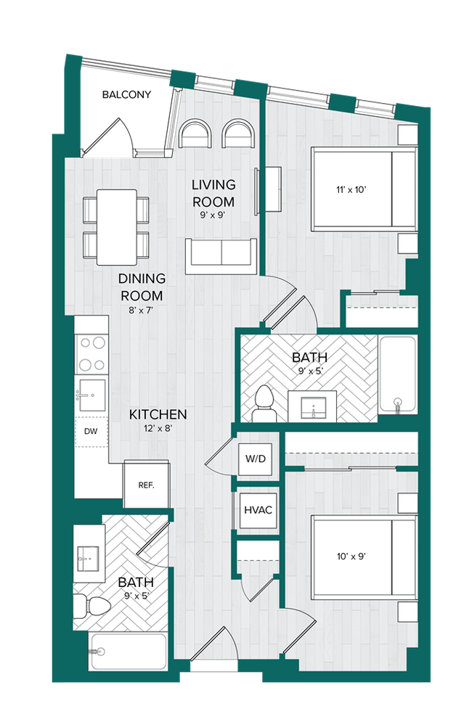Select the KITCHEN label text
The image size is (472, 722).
click(158, 415)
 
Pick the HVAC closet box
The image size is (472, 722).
click(257, 509)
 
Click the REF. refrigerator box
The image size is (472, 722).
click(146, 485)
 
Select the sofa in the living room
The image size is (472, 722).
click(221, 255)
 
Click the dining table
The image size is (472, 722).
click(116, 226)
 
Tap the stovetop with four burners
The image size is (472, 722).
click(91, 353)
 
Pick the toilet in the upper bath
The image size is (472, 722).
click(264, 403)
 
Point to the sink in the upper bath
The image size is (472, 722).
click(314, 406)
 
